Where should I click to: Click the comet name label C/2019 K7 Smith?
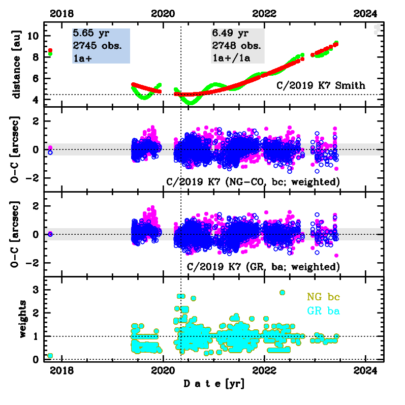(x=321, y=85)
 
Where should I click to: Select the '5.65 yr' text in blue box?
(x=87, y=34)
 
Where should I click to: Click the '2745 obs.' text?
(x=97, y=45)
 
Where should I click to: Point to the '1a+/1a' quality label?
(x=232, y=57)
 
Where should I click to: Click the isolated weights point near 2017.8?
(x=50, y=356)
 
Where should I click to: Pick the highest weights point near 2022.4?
(x=282, y=293)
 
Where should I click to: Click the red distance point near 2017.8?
(x=50, y=50)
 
